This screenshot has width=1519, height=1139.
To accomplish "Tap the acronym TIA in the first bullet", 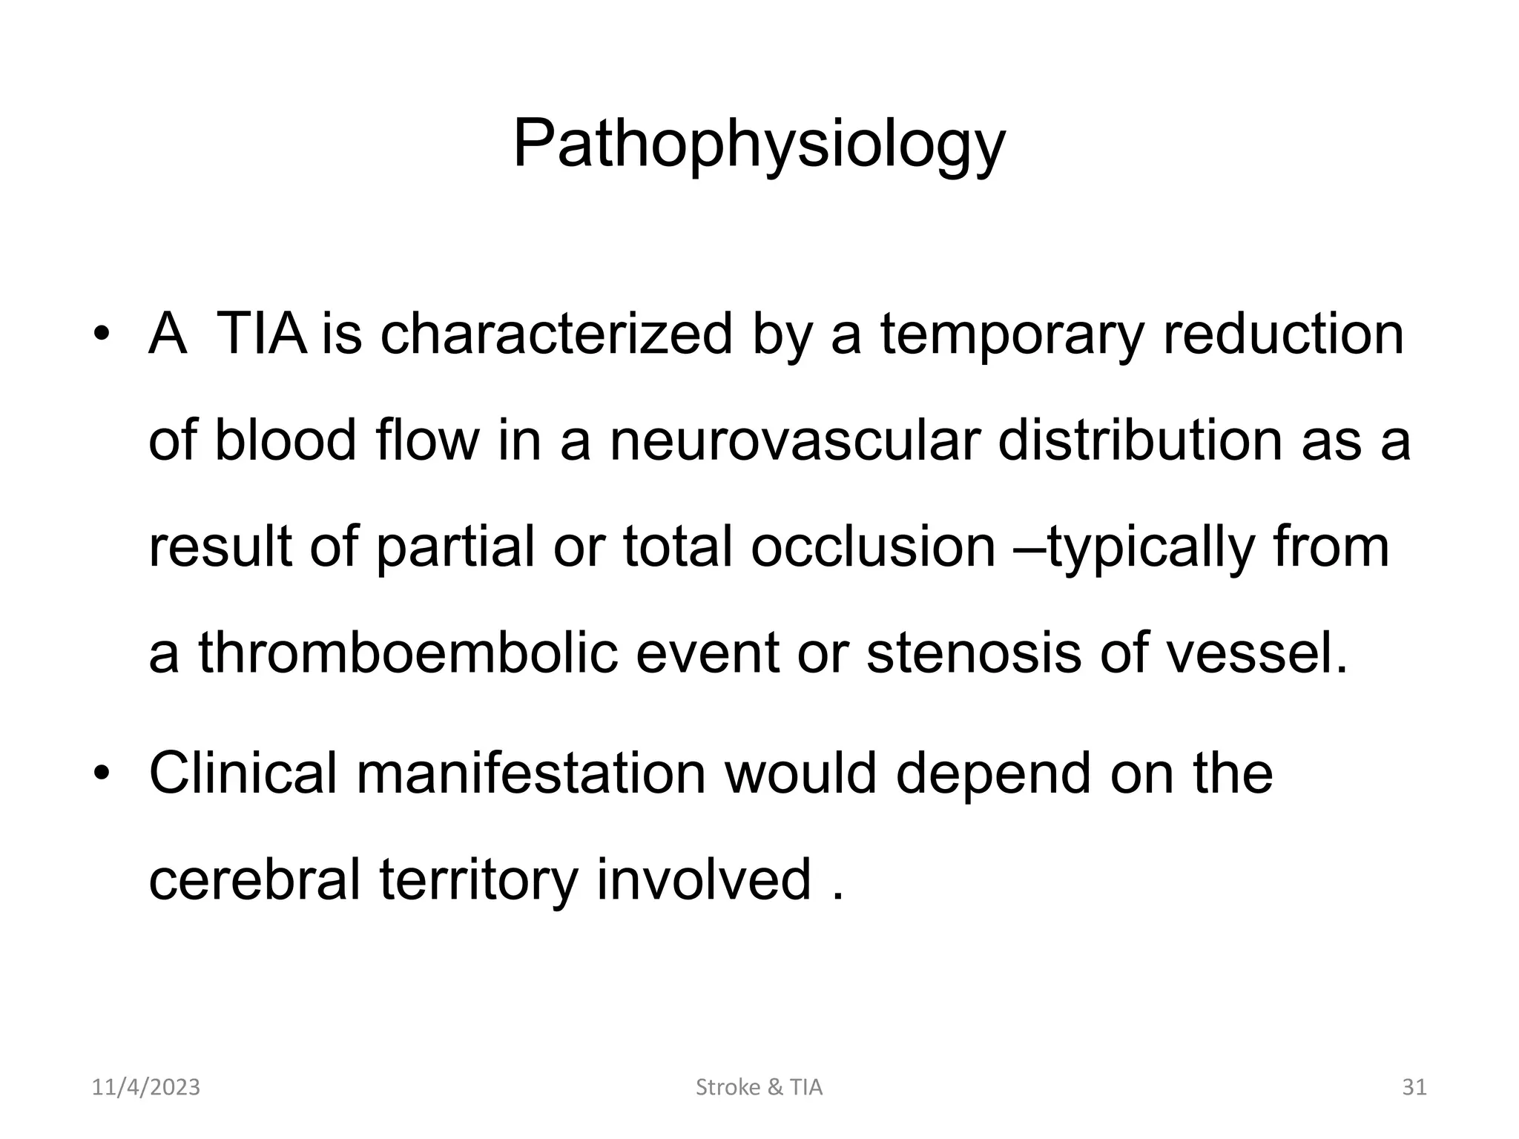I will click(x=261, y=334).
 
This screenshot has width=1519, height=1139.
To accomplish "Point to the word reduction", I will click(x=1283, y=334).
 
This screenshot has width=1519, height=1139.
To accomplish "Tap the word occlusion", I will click(x=873, y=547).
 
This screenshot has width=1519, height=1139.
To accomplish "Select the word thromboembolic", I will click(x=408, y=653).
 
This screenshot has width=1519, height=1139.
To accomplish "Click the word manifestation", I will click(x=531, y=773).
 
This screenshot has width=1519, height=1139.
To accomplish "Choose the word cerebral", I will click(x=255, y=879).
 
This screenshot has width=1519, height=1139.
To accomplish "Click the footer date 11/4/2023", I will click(x=146, y=1088).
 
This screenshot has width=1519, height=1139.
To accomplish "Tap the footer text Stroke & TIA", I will click(x=759, y=1088).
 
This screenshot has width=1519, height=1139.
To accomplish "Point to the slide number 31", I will click(x=1414, y=1088).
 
